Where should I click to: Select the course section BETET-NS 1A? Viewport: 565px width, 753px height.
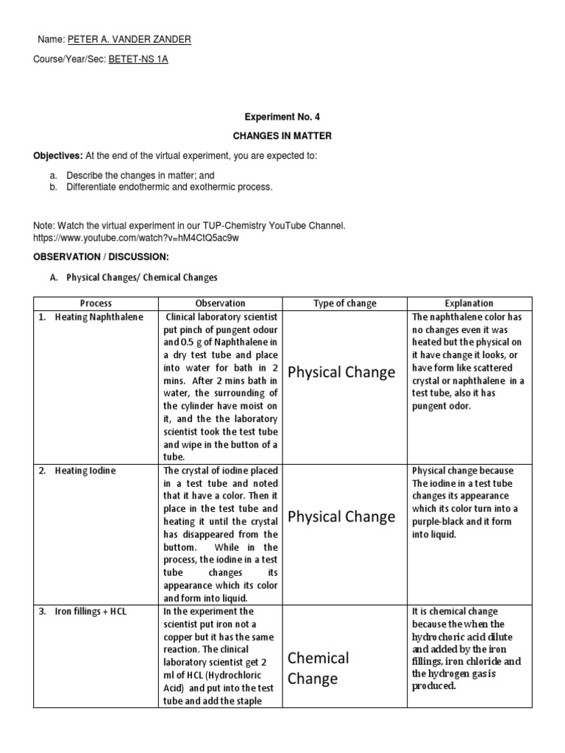[x=138, y=60]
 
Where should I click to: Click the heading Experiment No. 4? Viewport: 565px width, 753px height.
[x=282, y=117]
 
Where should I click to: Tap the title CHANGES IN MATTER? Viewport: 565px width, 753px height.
[x=282, y=136]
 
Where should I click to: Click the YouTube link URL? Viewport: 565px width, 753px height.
[x=137, y=238]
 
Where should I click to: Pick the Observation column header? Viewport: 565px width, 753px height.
[x=220, y=303]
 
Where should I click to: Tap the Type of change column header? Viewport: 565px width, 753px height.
[x=344, y=303]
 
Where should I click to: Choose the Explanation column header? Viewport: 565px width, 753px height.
[x=469, y=303]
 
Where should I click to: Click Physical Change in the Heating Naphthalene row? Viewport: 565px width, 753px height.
[x=341, y=373]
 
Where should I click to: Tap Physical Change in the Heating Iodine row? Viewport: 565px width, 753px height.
[x=341, y=517]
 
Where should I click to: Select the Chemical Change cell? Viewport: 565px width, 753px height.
[x=319, y=668]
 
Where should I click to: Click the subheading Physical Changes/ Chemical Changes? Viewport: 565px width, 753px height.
[x=142, y=278]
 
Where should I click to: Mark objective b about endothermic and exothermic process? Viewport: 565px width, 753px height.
[x=169, y=188]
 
